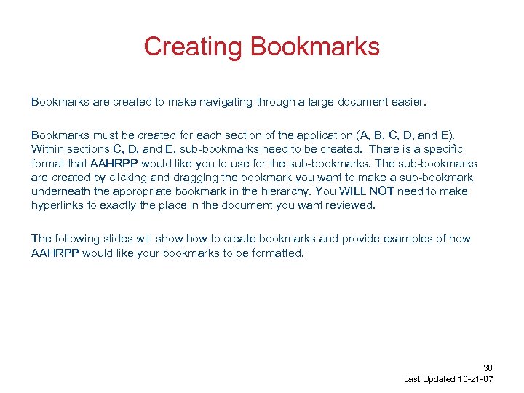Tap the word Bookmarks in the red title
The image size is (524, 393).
(x=315, y=47)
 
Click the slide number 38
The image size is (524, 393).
(x=488, y=368)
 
